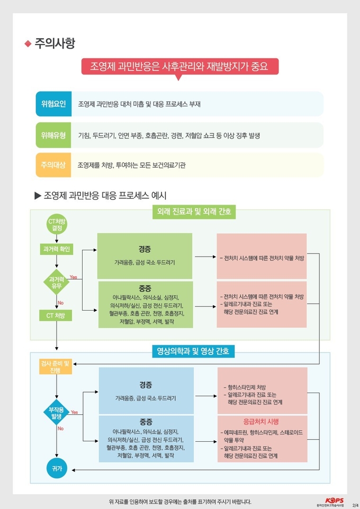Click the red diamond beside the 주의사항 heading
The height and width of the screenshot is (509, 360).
pyautogui.click(x=28, y=43)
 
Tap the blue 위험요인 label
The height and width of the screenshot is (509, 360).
pyautogui.click(x=53, y=104)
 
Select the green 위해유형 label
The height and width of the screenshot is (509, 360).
pyautogui.click(x=53, y=135)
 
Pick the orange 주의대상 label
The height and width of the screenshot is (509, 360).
pyautogui.click(x=53, y=165)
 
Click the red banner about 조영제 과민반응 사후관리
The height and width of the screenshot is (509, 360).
pyautogui.click(x=179, y=67)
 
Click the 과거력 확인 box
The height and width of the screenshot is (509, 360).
pyautogui.click(x=57, y=249)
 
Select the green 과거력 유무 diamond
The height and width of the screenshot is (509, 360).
pyautogui.click(x=57, y=283)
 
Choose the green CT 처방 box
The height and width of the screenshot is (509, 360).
pyautogui.click(x=56, y=315)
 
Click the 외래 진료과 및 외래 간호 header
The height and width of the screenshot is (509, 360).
pyautogui.click(x=194, y=212)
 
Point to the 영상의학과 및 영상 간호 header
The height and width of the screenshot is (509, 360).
pyautogui.click(x=193, y=351)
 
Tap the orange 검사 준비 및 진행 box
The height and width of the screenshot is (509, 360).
pyautogui.click(x=55, y=367)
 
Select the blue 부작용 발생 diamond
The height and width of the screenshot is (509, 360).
pyautogui.click(x=57, y=412)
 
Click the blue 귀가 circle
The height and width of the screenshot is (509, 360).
pyautogui.click(x=57, y=468)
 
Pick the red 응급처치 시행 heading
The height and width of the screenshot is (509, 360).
pyautogui.click(x=261, y=421)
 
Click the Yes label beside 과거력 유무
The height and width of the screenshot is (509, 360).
pyautogui.click(x=74, y=277)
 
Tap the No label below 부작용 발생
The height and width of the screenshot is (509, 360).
pyautogui.click(x=61, y=429)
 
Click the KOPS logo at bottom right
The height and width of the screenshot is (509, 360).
pyautogui.click(x=335, y=502)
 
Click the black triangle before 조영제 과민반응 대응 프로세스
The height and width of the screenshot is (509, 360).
pyautogui.click(x=38, y=195)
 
